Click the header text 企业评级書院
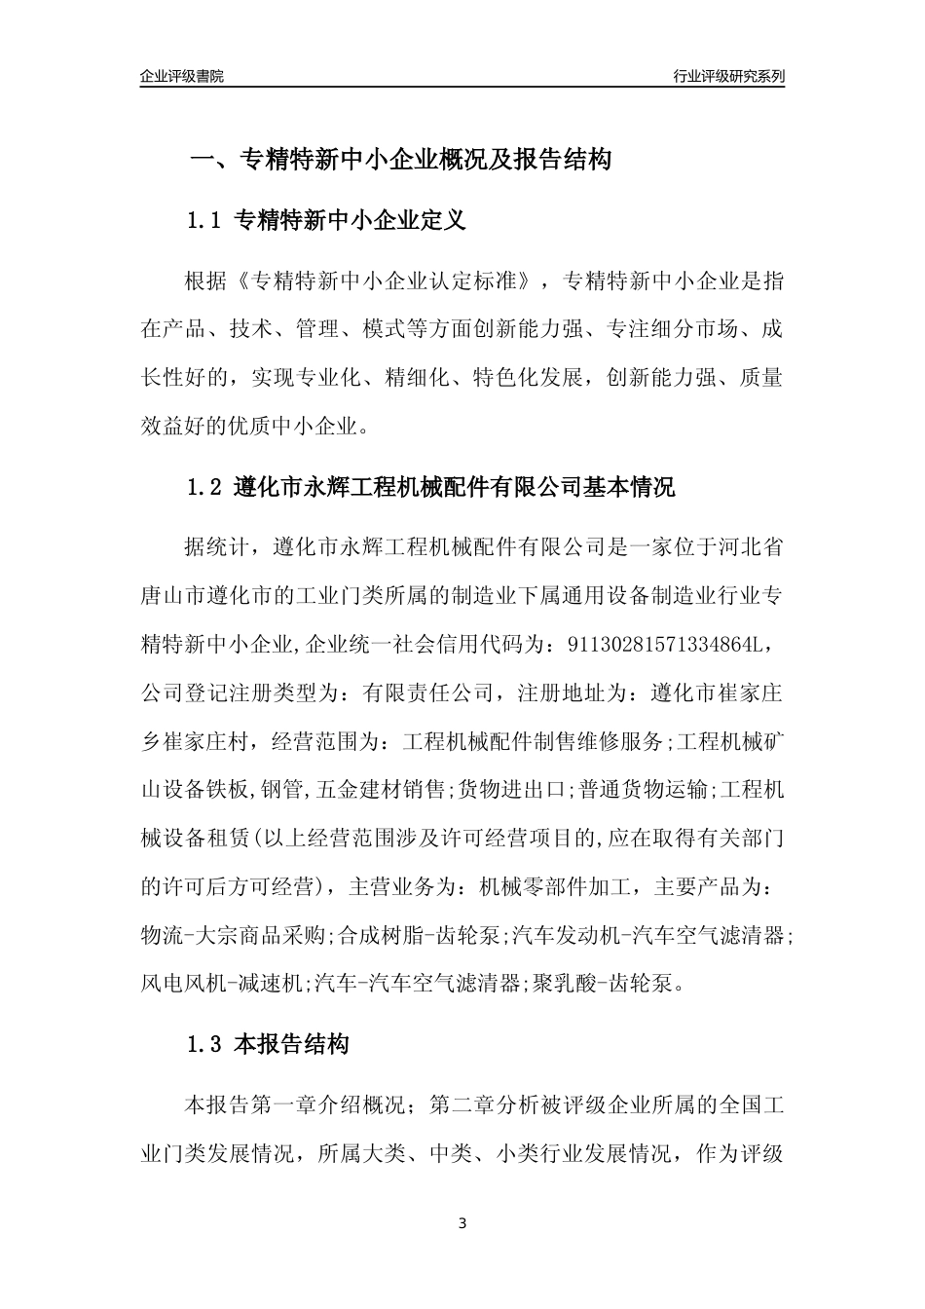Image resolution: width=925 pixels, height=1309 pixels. (x=182, y=76)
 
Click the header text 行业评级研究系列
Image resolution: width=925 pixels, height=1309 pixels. (x=729, y=76)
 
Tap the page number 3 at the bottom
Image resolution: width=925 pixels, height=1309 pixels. (x=462, y=1223)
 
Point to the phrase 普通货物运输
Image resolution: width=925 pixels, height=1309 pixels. (x=644, y=789)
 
